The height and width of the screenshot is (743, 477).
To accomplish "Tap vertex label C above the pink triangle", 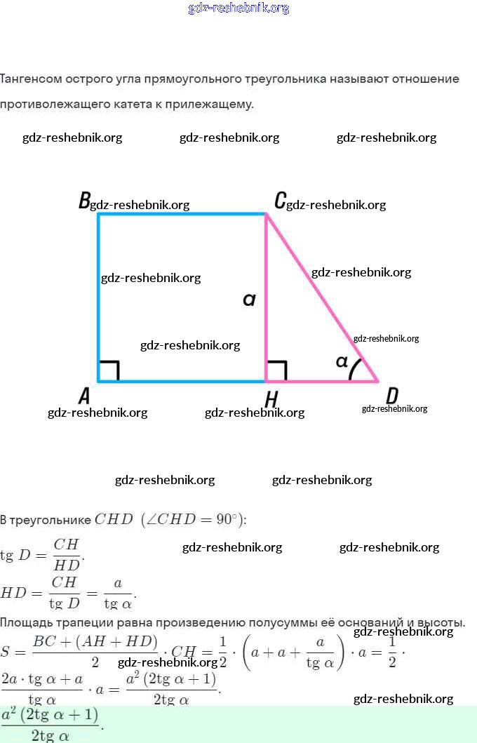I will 279,201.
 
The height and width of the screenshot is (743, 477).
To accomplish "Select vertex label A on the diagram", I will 84,396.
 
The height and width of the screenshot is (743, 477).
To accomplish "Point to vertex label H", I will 271,399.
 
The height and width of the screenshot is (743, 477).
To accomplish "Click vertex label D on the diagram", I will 393,396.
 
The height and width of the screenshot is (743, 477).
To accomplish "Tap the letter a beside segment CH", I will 249,300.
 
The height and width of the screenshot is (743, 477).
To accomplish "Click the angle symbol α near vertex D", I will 342,362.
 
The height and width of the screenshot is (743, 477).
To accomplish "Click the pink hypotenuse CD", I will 323,298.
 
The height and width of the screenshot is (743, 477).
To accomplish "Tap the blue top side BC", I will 182,214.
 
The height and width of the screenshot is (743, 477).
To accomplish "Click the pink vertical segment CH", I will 266,330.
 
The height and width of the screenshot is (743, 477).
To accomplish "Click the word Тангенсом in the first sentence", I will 32,79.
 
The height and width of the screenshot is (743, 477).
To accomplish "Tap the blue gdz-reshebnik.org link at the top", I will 238,8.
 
